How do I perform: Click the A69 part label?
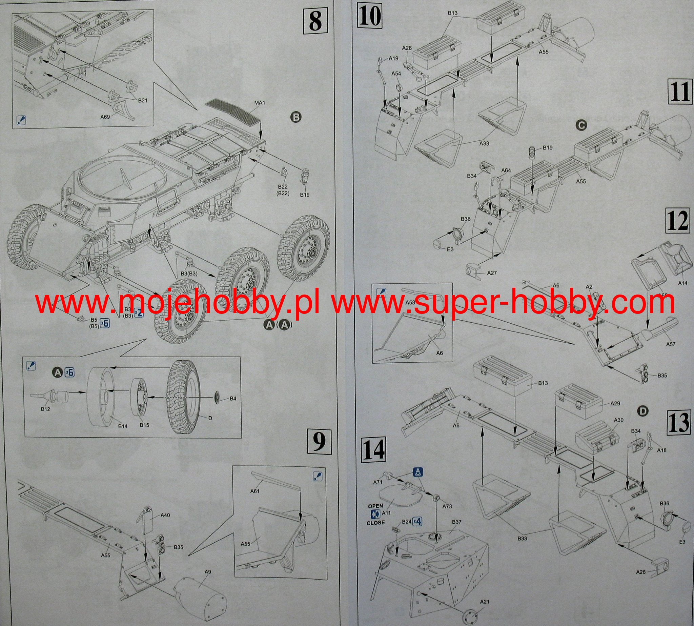click(105, 117)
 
